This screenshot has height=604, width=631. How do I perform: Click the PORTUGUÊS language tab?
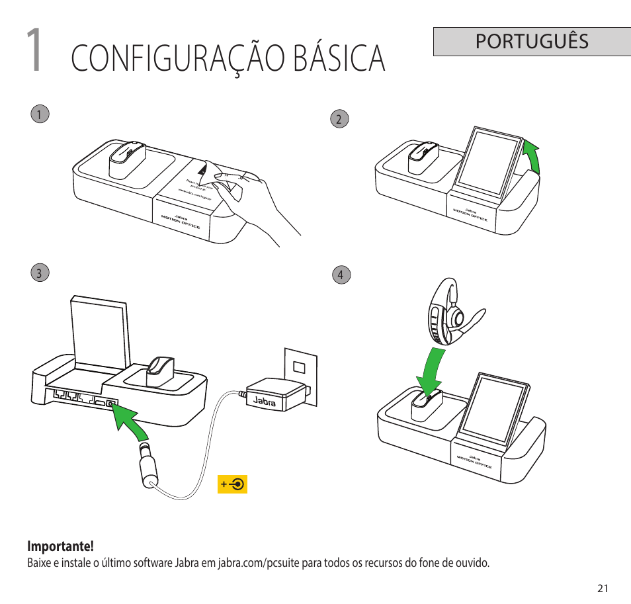coord(532,41)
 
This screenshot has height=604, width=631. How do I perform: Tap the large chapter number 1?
coord(36,51)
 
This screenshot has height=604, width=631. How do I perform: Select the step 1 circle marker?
coord(40,114)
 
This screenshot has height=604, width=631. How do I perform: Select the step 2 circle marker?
coord(339,119)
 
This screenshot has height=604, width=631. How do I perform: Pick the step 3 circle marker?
coord(40,273)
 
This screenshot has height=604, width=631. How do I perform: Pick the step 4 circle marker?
coord(341,275)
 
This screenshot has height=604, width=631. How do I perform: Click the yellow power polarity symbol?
coord(232,484)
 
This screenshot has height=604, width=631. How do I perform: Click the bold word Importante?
coord(60,547)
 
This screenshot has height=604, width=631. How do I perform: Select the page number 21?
coord(602,588)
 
